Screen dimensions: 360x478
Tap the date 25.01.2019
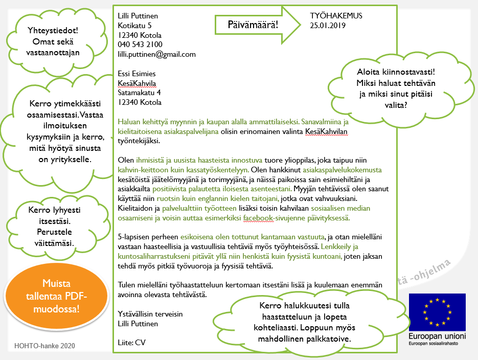328,26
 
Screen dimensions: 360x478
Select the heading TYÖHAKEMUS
336,16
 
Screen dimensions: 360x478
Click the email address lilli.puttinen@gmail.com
156,54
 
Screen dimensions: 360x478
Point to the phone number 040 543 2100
140,44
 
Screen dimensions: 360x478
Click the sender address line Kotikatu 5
134,25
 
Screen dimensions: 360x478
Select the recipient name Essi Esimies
136,74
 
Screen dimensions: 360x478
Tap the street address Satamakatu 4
140,93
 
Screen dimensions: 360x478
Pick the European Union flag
437,312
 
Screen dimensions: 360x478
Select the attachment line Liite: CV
131,343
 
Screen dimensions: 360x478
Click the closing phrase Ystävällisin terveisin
150,314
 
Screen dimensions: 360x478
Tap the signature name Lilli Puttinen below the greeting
138,324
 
